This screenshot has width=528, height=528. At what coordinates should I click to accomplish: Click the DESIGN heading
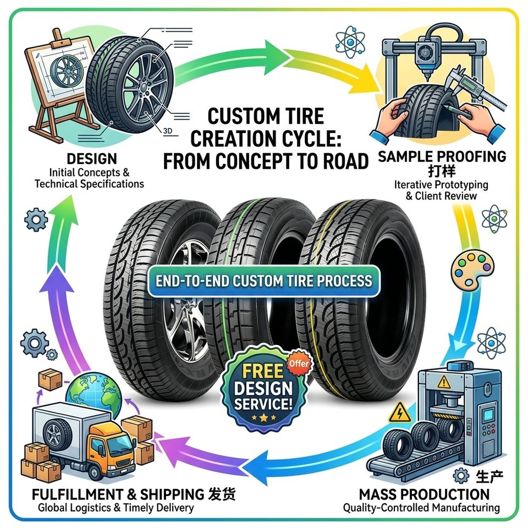(92, 158)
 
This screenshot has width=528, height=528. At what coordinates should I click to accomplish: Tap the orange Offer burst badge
(299, 364)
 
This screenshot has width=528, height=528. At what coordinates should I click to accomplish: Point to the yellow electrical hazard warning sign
(400, 413)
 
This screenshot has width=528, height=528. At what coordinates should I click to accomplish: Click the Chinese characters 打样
(442, 171)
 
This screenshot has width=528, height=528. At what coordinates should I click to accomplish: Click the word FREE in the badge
(263, 371)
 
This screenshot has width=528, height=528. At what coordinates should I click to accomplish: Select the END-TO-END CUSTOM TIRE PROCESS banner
(264, 281)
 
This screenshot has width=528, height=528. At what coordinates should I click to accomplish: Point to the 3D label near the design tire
(167, 131)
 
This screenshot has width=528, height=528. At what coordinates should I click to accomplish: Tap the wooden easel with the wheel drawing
(61, 84)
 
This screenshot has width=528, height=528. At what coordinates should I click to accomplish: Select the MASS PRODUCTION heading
(424, 494)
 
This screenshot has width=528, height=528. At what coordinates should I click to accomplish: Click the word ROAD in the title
(346, 161)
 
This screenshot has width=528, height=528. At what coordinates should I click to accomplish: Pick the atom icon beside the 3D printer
(350, 42)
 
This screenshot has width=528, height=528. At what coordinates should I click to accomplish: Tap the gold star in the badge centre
(263, 418)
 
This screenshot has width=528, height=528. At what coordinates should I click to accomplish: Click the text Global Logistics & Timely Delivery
(116, 508)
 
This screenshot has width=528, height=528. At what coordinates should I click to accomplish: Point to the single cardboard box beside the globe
(50, 379)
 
